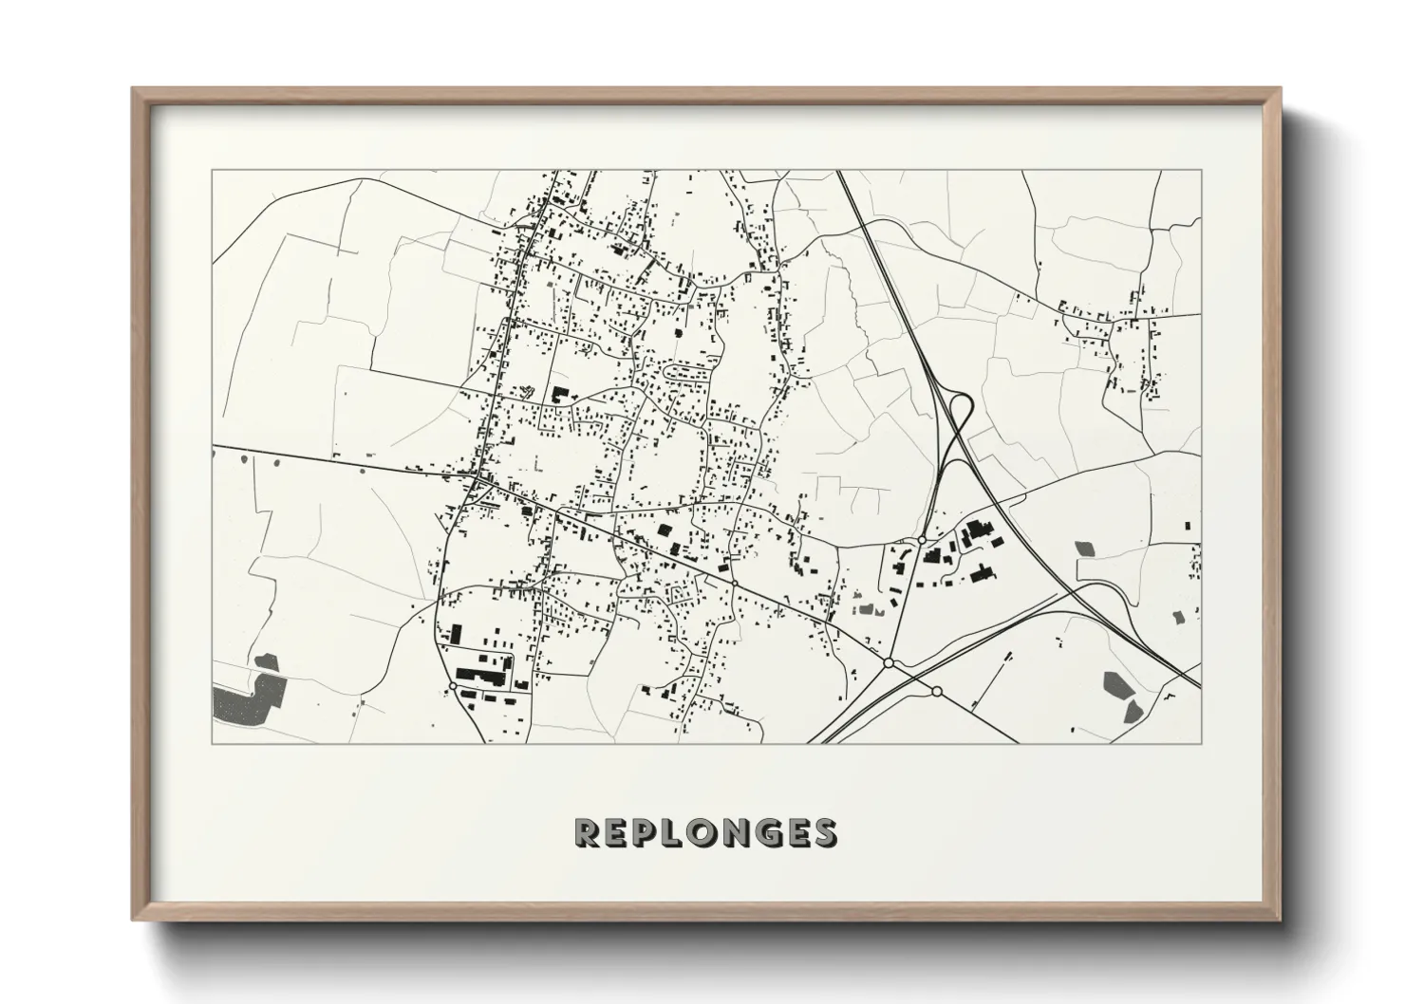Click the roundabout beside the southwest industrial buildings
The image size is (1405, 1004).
453,685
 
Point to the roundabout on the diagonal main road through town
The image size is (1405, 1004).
734,582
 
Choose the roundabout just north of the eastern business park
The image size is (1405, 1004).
922,539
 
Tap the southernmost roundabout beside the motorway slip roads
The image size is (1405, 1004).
937,691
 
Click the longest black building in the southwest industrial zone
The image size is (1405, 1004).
483,678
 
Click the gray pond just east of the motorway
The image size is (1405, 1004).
1083,548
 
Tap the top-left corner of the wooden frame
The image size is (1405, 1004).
134,89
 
